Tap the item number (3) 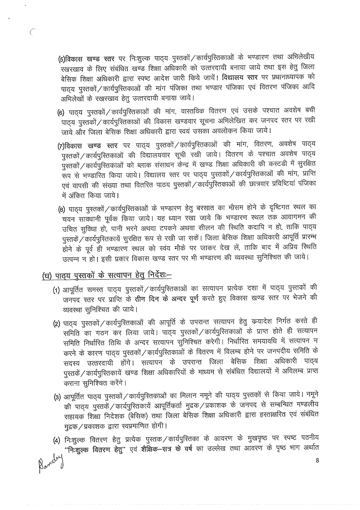(x=57, y=396)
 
